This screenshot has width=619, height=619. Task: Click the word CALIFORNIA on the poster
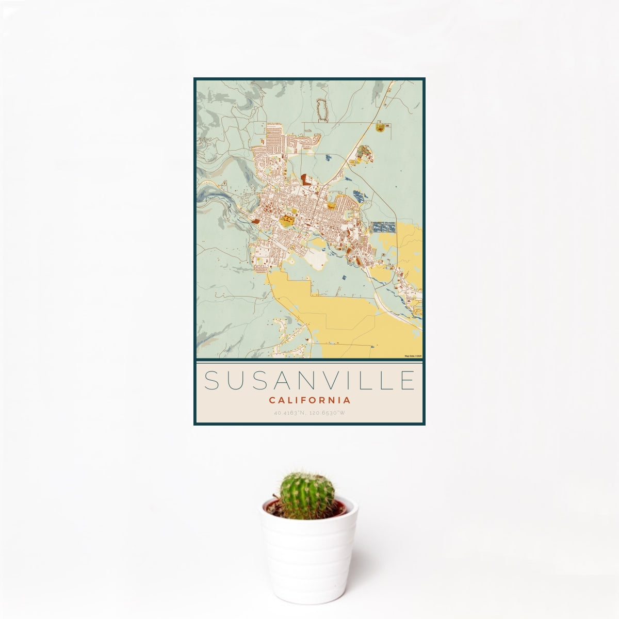coord(309,400)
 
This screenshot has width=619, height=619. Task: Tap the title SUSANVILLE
coord(309,380)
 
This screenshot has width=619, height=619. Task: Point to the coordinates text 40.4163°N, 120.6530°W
coord(309,413)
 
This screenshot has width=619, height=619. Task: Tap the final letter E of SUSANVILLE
coord(408,380)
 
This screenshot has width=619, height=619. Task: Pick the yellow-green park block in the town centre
coord(286,222)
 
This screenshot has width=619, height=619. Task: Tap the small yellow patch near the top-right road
coord(381,127)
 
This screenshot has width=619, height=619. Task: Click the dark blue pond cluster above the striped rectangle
coord(359,196)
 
